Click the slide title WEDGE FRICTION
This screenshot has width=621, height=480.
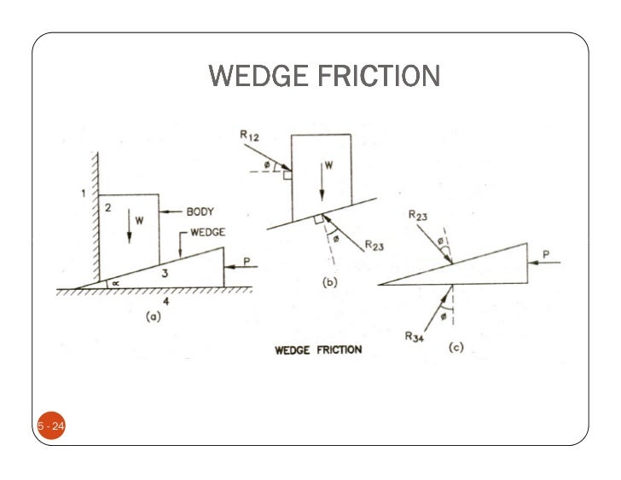(324, 78)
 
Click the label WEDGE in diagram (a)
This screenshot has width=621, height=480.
(208, 231)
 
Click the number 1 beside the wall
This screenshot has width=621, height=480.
(83, 194)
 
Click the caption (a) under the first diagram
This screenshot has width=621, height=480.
(151, 318)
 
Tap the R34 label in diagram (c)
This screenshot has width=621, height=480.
(415, 335)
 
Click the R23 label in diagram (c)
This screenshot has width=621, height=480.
(417, 217)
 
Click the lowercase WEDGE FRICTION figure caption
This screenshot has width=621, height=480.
(317, 350)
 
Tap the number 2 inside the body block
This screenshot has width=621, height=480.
(109, 208)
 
